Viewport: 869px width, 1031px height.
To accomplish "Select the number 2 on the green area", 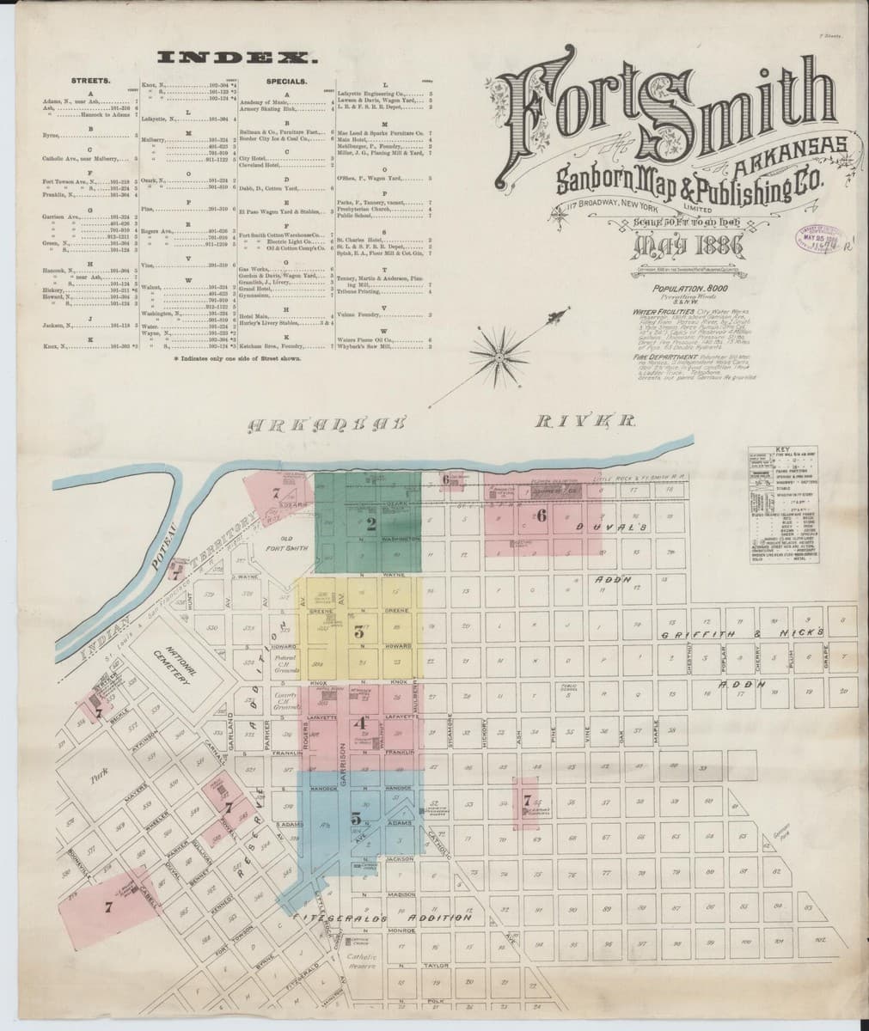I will click(370, 522).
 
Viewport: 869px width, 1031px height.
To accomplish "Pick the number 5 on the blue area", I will click(355, 819).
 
